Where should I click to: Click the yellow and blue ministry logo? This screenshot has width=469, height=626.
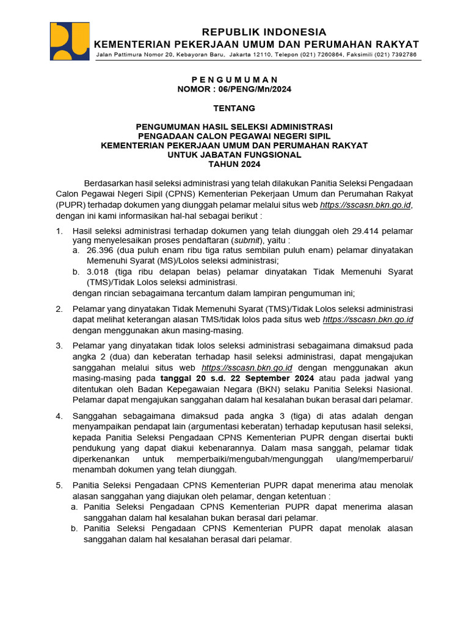70,42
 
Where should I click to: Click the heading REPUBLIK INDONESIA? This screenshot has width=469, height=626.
264,32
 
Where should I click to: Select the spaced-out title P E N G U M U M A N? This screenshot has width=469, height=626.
234,79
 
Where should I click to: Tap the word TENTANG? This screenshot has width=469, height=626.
234,108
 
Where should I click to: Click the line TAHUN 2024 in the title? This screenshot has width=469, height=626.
234,164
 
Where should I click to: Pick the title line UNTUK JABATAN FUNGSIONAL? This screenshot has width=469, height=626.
234,155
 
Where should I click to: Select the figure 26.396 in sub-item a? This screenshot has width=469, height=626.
100,251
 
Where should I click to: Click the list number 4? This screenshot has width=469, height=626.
59,416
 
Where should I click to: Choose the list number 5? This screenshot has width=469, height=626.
59,485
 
